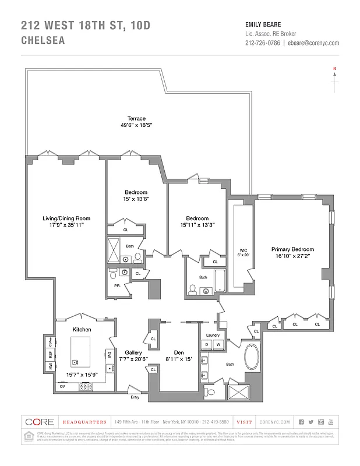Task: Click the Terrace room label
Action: (136, 119)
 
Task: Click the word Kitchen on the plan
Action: (82, 330)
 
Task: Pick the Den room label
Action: (179, 352)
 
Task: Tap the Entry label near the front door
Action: (135, 397)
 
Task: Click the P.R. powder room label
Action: (117, 285)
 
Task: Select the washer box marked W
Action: (218, 345)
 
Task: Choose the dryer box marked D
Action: (206, 345)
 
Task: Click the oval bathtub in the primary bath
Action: (253, 357)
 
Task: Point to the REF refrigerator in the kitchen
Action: (51, 354)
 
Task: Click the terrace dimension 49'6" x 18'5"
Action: (136, 126)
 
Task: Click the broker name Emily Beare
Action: (263, 24)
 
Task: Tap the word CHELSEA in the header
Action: (43, 41)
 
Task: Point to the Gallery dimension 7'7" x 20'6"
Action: (132, 359)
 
